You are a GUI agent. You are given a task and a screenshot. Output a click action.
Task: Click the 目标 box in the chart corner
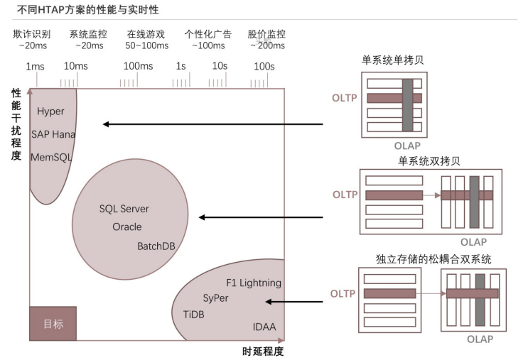(53, 324)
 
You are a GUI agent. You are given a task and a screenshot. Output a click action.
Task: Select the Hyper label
(50, 111)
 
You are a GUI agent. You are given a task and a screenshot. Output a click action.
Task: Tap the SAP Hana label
(53, 134)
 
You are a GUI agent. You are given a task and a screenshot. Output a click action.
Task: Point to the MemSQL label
(51, 156)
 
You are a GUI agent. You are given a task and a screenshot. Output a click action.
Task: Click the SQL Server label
(124, 209)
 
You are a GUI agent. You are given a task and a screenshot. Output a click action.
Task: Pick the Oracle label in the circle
(127, 227)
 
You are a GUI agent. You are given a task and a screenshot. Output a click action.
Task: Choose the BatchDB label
(156, 246)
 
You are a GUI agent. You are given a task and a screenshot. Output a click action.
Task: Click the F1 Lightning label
(254, 283)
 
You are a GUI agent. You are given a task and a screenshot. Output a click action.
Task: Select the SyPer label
(215, 298)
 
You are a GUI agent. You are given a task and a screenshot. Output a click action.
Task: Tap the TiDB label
(193, 314)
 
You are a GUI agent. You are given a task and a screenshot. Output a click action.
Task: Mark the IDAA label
(264, 327)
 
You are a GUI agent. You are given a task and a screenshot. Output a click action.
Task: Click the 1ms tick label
(36, 67)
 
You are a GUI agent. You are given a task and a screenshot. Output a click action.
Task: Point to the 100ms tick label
(138, 67)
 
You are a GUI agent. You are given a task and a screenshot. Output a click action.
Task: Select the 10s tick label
(219, 67)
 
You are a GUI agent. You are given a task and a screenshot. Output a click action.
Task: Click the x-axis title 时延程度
(263, 351)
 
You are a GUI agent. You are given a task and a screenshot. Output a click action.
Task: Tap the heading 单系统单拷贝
(393, 60)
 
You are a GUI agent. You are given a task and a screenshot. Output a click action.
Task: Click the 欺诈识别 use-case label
(31, 34)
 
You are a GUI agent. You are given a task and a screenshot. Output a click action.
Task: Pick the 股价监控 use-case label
(266, 34)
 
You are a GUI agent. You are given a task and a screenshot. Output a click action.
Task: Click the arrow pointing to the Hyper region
(212, 124)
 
